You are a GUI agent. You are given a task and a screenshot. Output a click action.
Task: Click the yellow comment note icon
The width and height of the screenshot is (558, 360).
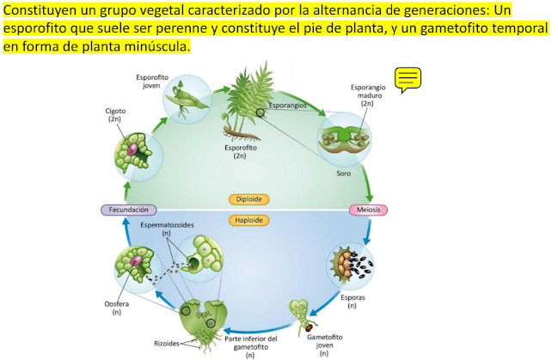[408, 80]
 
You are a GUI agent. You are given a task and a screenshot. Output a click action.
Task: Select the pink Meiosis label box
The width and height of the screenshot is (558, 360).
[369, 210]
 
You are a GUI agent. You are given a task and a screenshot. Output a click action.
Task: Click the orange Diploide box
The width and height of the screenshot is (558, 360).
[249, 198]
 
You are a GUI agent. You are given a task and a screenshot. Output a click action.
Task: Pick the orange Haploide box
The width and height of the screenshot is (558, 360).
[249, 220]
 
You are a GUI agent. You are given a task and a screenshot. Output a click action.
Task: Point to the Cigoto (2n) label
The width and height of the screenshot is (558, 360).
[115, 115]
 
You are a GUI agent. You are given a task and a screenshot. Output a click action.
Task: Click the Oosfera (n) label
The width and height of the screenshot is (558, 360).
[115, 307]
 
